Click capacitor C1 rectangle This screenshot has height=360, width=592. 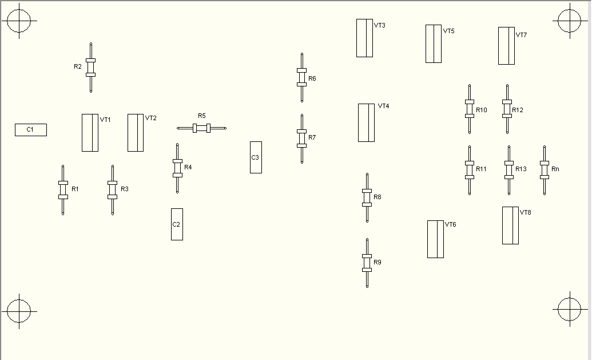coord(30,130)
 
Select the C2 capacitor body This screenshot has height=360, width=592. coord(177,224)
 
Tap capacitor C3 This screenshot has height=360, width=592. coord(256,157)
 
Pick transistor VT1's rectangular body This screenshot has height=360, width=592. coord(90,133)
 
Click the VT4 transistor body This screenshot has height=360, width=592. coord(366,122)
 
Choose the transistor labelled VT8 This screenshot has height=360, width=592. coord(510,226)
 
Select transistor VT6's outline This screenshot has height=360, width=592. coord(435,239)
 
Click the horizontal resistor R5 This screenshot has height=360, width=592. coord(201,128)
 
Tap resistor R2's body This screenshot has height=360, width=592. coord(90,68)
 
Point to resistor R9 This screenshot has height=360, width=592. coord(367,263)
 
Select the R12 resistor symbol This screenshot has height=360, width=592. coord(506,109)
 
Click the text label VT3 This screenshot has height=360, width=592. coord(380,25)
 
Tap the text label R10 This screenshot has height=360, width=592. coord(481,110)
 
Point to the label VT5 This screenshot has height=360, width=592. coord(448,31)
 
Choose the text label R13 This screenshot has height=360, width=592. coord(521,169)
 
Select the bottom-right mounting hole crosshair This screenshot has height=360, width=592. coord(569,309)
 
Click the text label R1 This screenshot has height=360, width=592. coord(75,189)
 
